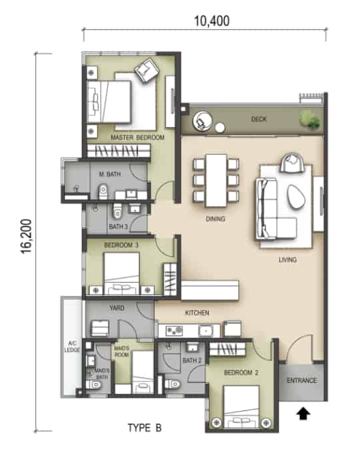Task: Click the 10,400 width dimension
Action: pyautogui.click(x=211, y=21)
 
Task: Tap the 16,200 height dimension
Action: pyautogui.click(x=26, y=236)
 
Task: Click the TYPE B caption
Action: pyautogui.click(x=145, y=428)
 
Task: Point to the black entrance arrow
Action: pyautogui.click(x=303, y=414)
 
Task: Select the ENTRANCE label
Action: pyautogui.click(x=301, y=380)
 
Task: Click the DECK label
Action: pyautogui.click(x=259, y=119)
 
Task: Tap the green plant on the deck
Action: pyautogui.click(x=310, y=120)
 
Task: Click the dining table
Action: pyautogui.click(x=216, y=181)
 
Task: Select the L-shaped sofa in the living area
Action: pyautogui.click(x=275, y=208)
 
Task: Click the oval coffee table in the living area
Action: pyautogui.click(x=296, y=197)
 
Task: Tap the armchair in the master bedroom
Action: pyautogui.click(x=147, y=71)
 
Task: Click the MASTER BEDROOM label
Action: pyautogui.click(x=137, y=137)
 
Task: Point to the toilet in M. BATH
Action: pyautogui.click(x=103, y=191)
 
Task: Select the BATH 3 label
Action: pyautogui.click(x=118, y=227)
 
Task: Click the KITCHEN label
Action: pyautogui.click(x=197, y=313)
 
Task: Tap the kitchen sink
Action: pyautogui.click(x=205, y=331)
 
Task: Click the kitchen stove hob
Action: pyautogui.click(x=174, y=330)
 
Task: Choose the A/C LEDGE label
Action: pyautogui.click(x=72, y=347)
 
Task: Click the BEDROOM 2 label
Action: pyautogui.click(x=241, y=372)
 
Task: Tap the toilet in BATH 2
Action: pyautogui.click(x=173, y=384)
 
